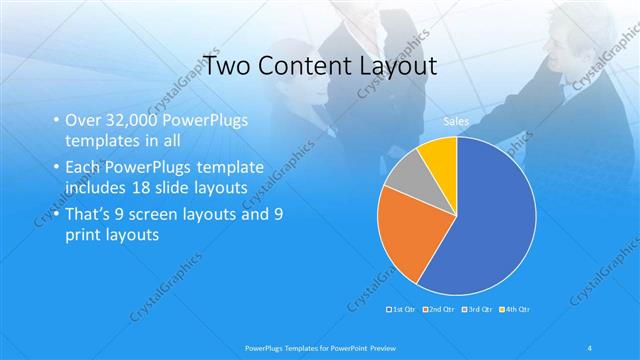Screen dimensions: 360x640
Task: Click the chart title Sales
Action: click(x=456, y=122)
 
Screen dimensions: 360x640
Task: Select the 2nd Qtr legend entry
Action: click(x=441, y=310)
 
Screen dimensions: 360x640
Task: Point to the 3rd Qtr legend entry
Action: click(x=478, y=310)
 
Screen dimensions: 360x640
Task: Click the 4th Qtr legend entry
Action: click(x=514, y=310)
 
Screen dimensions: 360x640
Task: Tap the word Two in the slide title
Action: click(x=226, y=67)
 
